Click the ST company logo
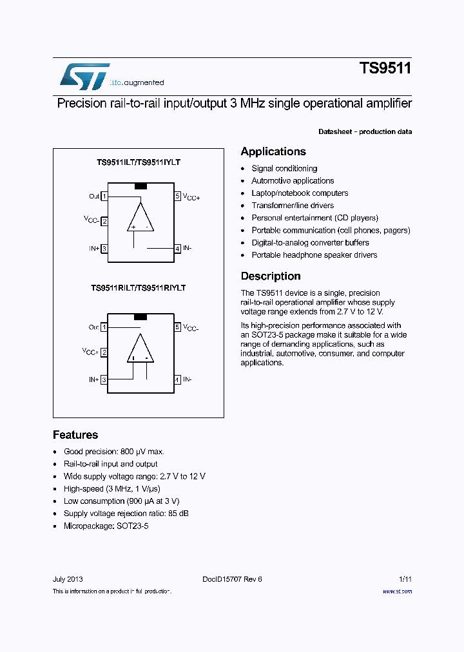(x=84, y=76)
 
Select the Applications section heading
(x=273, y=151)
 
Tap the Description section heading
(x=271, y=276)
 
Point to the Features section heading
(x=75, y=435)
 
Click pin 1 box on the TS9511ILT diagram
(x=104, y=197)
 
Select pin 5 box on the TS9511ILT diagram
(x=177, y=197)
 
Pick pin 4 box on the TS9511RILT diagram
(x=177, y=380)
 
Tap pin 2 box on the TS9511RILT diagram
(x=104, y=352)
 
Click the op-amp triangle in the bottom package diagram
(x=140, y=350)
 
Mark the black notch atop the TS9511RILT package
(x=140, y=317)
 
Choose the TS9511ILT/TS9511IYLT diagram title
(x=139, y=163)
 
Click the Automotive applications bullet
(x=293, y=181)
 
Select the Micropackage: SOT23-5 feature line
(x=106, y=526)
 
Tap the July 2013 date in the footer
(x=68, y=579)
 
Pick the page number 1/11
(x=405, y=579)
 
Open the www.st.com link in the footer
(x=397, y=591)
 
